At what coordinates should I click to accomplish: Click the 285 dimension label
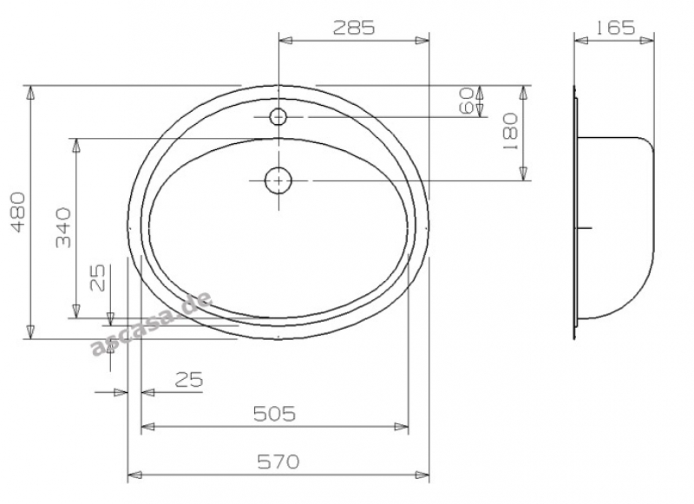(354, 28)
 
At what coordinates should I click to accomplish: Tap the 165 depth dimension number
(615, 28)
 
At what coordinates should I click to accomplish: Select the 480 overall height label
(18, 212)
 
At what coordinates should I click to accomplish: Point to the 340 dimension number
(63, 227)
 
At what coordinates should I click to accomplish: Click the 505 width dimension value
(274, 414)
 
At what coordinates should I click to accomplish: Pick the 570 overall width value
(278, 462)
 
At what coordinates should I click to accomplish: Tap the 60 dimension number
(466, 101)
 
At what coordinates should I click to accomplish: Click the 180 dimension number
(510, 131)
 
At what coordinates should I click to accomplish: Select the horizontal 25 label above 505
(189, 379)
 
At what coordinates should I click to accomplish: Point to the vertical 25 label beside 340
(97, 278)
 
